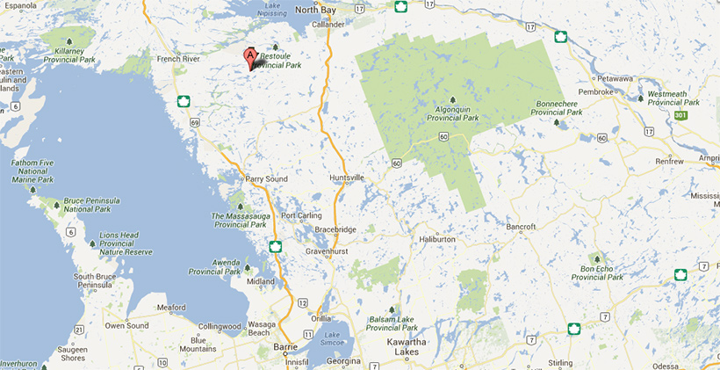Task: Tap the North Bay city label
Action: coord(315,10)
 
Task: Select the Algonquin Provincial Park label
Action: coord(452,113)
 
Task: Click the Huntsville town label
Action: coord(346,178)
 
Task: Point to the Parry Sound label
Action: coord(267,179)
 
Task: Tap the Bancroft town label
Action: coord(521,227)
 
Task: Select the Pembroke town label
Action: coord(595,91)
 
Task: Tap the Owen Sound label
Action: coord(126,325)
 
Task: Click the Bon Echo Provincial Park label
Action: coord(597,272)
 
